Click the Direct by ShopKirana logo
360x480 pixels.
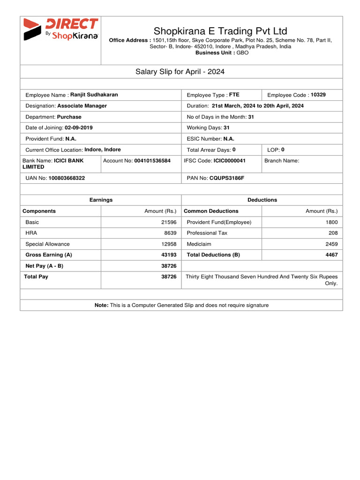pyautogui.click(x=60, y=30)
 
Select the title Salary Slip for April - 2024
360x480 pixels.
pyautogui.click(x=180, y=72)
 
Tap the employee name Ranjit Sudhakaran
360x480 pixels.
pyautogui.click(x=94, y=95)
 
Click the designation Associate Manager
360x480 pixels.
pyautogui.click(x=82, y=106)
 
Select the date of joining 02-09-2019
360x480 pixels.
pyautogui.click(x=78, y=127)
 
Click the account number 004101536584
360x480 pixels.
pyautogui.click(x=152, y=160)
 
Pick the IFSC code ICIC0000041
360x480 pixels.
pyautogui.click(x=229, y=160)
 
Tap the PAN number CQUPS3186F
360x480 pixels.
pyautogui.click(x=226, y=179)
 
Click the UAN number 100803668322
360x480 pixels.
pyautogui.click(x=67, y=179)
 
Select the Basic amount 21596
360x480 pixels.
pyautogui.click(x=168, y=222)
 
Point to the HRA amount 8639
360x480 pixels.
pyautogui.click(x=170, y=233)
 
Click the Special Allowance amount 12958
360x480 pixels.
pyautogui.click(x=168, y=244)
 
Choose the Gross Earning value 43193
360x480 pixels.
pyautogui.click(x=168, y=255)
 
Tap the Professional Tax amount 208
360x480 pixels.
pyautogui.click(x=333, y=233)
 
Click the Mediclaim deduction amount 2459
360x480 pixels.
pyautogui.click(x=331, y=244)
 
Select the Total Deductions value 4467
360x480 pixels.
pyautogui.click(x=331, y=255)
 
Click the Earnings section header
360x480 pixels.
pyautogui.click(x=101, y=200)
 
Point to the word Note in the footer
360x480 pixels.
pyautogui.click(x=101, y=305)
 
